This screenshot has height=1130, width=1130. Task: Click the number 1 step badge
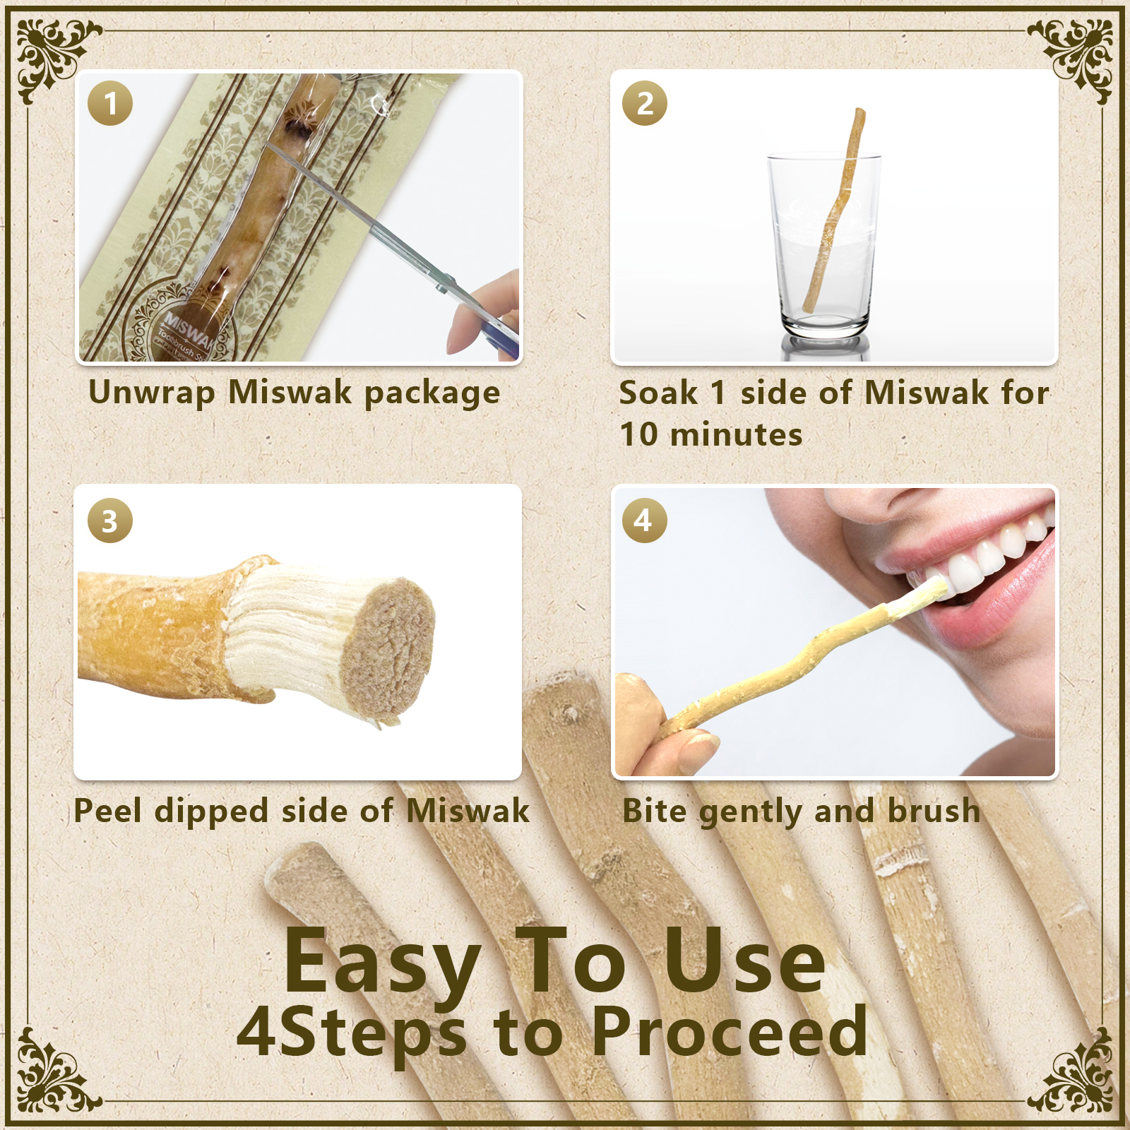tap(110, 104)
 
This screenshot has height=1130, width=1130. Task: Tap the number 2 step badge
tap(644, 104)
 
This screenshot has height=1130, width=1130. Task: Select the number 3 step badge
tap(110, 521)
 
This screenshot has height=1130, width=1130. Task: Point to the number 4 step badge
tap(644, 521)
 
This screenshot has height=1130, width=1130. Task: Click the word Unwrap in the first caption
tap(151, 393)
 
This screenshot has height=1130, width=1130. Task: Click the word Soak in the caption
tap(658, 393)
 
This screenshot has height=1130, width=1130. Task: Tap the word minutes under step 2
tap(736, 434)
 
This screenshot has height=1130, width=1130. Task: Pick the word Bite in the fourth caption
tap(654, 810)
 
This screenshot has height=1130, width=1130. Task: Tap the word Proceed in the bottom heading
tap(729, 1032)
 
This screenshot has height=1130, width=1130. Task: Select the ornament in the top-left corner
tap(53, 56)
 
